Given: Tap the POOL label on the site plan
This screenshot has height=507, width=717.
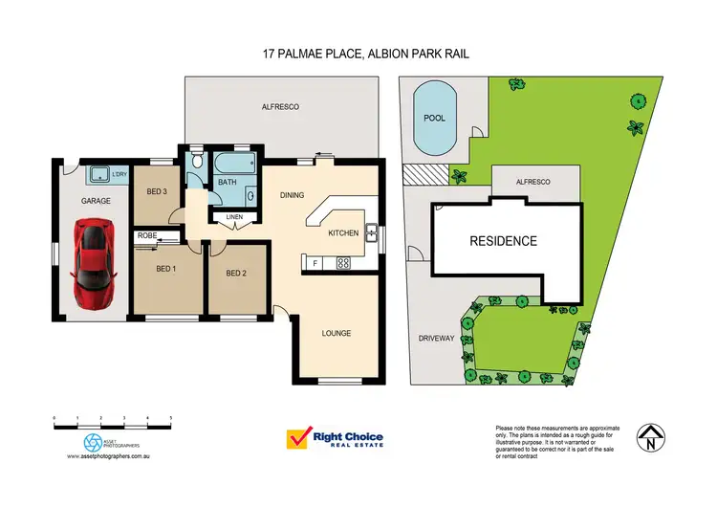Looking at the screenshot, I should click(434, 118).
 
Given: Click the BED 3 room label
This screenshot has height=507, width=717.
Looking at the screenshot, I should click(157, 191).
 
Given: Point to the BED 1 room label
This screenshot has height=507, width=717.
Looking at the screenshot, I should click(166, 269).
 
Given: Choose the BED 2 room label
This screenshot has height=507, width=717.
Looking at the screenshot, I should click(236, 274).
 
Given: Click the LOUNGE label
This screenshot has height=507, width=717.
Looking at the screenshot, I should click(337, 333).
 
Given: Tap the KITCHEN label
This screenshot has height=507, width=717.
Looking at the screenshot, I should click(343, 232).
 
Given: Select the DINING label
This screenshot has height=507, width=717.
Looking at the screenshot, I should click(292, 195).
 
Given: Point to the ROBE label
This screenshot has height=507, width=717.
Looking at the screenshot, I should click(146, 234).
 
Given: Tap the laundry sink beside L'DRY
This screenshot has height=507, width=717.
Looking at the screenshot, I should click(97, 174).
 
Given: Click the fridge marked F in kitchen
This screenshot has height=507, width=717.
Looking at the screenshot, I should click(315, 262).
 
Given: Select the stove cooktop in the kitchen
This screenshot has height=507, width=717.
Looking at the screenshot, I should click(343, 262).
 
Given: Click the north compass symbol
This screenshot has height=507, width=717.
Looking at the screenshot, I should click(650, 436).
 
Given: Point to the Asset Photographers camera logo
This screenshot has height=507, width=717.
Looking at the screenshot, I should click(93, 442).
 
